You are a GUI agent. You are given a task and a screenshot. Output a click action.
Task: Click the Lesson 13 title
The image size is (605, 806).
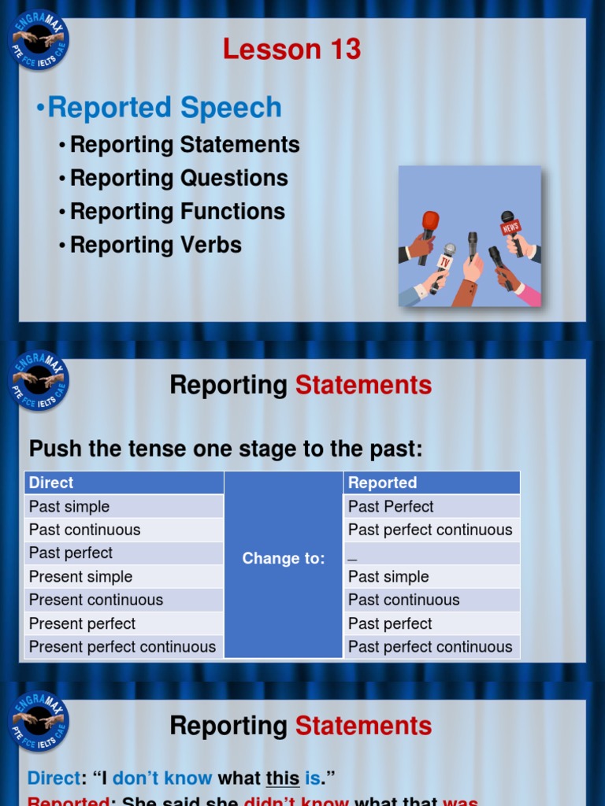click(x=291, y=50)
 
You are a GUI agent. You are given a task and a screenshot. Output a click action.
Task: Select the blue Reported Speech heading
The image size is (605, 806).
click(x=164, y=108)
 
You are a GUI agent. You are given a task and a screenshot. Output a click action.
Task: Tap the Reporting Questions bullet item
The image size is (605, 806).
click(x=178, y=179)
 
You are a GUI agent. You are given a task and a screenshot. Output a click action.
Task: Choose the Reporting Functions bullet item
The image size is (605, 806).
click(x=177, y=212)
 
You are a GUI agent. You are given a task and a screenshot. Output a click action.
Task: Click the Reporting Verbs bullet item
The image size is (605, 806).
click(x=155, y=245)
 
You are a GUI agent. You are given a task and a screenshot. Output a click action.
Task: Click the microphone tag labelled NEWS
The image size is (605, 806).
click(x=510, y=227)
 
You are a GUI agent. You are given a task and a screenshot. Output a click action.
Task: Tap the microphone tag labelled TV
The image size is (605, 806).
click(x=445, y=261)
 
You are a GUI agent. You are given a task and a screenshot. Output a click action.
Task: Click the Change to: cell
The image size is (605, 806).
click(x=284, y=559)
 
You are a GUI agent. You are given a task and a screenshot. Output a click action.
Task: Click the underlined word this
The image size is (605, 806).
click(x=282, y=779)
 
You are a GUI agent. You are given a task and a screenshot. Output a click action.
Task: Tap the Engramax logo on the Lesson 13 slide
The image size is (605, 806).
click(x=39, y=39)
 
